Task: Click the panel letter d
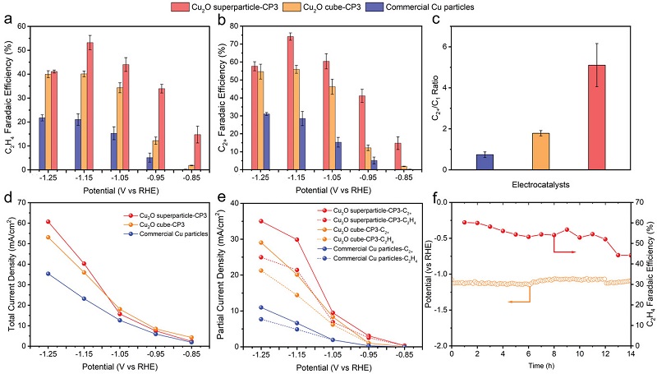pos(7,199)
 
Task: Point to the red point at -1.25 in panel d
pos(48,222)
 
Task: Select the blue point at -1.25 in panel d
pos(48,274)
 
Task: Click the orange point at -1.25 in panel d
pos(48,238)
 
